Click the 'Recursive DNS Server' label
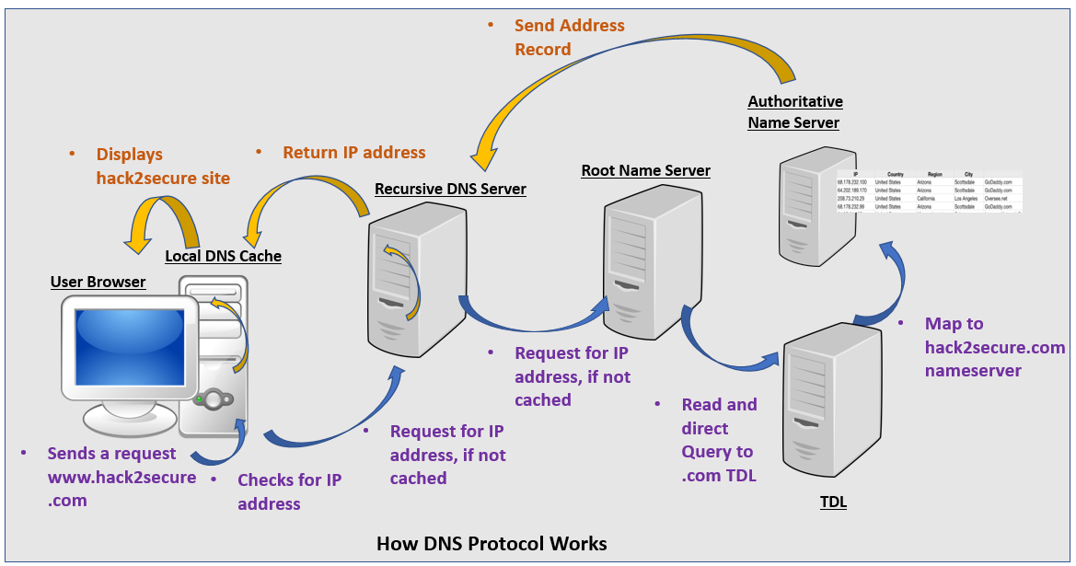tap(450, 189)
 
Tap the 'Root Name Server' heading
tap(645, 170)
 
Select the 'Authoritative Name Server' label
tap(794, 111)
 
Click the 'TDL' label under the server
tap(832, 502)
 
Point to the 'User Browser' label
tap(98, 282)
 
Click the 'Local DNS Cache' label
tap(223, 256)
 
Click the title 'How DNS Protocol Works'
tap(492, 543)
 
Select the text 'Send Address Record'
tap(569, 38)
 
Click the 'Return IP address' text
tap(353, 153)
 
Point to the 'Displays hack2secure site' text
tap(162, 167)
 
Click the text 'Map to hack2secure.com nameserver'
tap(994, 348)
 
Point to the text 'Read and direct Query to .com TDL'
tap(719, 440)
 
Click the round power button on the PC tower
tap(214, 399)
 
